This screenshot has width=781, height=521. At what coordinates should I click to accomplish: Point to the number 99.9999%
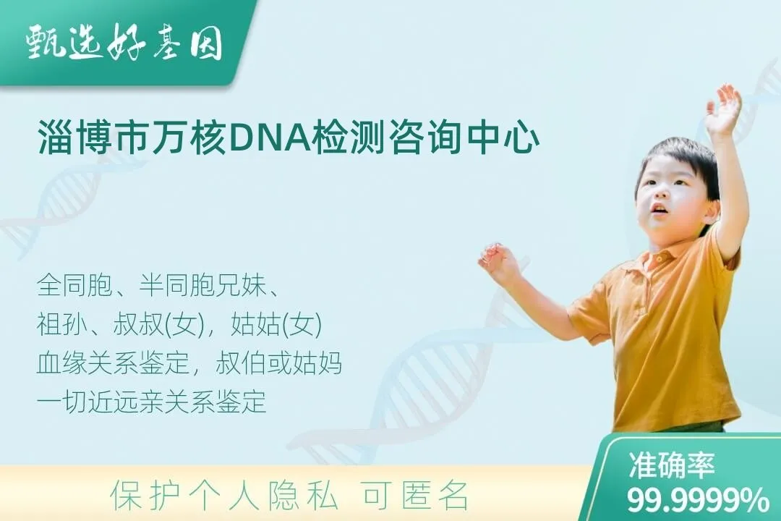click(x=698, y=499)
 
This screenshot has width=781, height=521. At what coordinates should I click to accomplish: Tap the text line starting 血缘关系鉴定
click(x=189, y=364)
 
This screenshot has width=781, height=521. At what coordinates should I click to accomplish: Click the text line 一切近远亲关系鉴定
click(x=151, y=402)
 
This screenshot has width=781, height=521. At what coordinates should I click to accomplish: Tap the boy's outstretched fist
click(x=498, y=260)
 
